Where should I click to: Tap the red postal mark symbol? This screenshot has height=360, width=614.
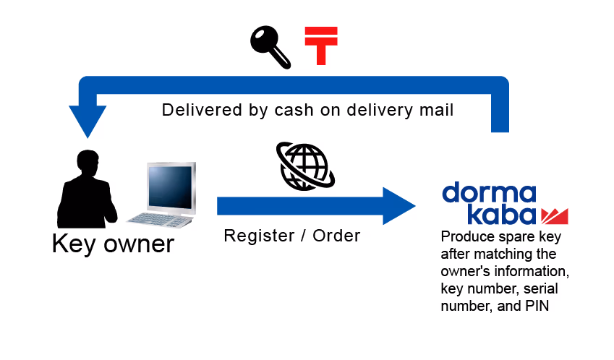pyautogui.click(x=321, y=46)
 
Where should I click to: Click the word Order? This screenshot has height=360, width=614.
pyautogui.click(x=335, y=236)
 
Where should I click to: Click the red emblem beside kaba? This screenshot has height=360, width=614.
pyautogui.click(x=554, y=215)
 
